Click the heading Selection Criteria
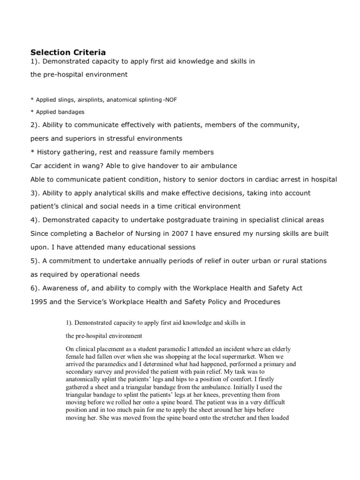coord(68,52)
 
